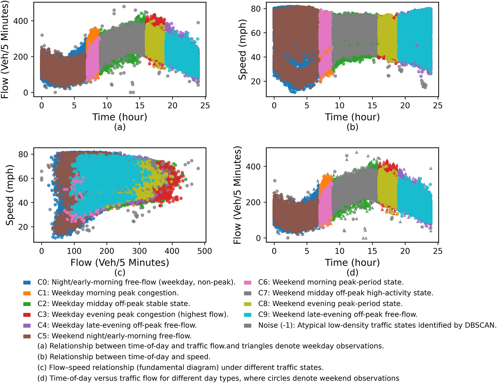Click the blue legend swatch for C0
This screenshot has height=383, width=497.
pos(27,282)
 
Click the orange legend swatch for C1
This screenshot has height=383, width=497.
pos(27,293)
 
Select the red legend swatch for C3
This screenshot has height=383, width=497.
pos(27,315)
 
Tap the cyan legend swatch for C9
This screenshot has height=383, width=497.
pos(248,315)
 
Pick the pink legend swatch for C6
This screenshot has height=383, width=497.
pos(248,282)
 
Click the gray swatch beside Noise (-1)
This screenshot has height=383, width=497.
pos(248,326)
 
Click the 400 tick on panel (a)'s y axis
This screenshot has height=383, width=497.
pos(21,21)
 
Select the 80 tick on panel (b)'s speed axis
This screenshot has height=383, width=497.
pos(256,9)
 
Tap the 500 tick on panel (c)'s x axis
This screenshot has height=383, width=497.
pos(205,251)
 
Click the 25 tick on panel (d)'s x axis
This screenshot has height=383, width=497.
pos(438,251)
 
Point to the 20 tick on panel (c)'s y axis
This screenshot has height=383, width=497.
pos(23,227)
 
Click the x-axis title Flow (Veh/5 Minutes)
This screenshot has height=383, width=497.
pos(120,263)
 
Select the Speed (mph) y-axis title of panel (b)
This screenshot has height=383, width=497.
pos(243,50)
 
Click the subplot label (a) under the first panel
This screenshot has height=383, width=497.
pos(120,127)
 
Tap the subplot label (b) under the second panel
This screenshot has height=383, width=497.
pos(352,127)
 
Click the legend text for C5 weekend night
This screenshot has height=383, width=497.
pos(114,336)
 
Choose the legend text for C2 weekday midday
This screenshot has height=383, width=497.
pos(114,304)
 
